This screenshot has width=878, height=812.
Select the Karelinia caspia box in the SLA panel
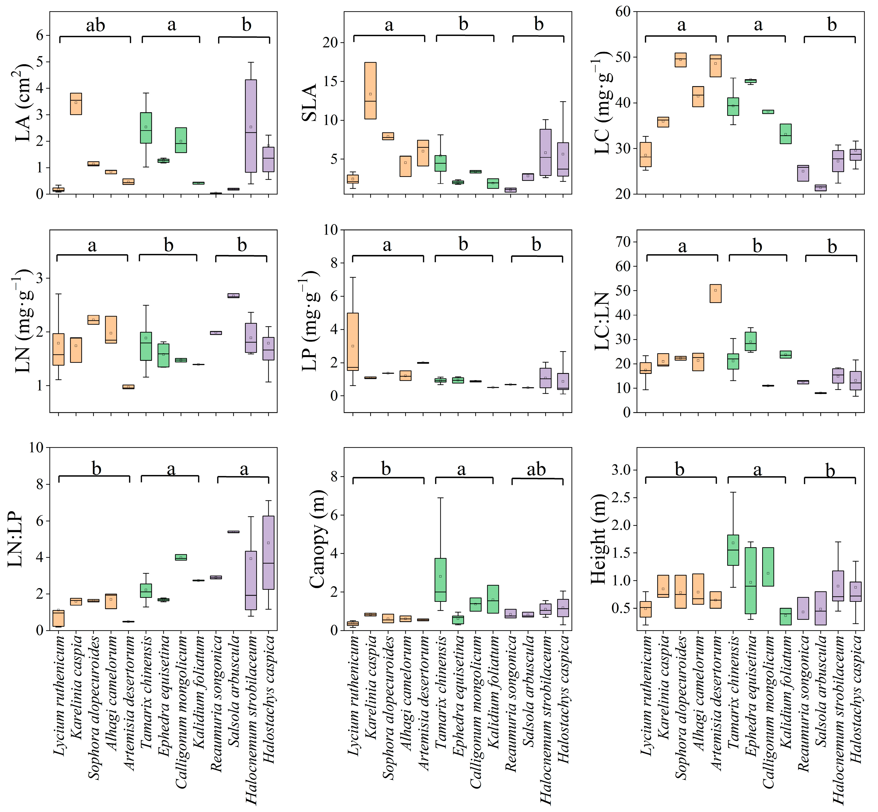[x=370, y=91]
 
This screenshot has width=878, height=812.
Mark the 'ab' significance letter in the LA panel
[x=95, y=25]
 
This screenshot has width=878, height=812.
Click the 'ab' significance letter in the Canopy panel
[x=536, y=469]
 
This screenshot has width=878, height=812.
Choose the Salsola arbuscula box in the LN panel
[x=233, y=296]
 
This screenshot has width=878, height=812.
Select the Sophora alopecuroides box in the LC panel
[x=681, y=60]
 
